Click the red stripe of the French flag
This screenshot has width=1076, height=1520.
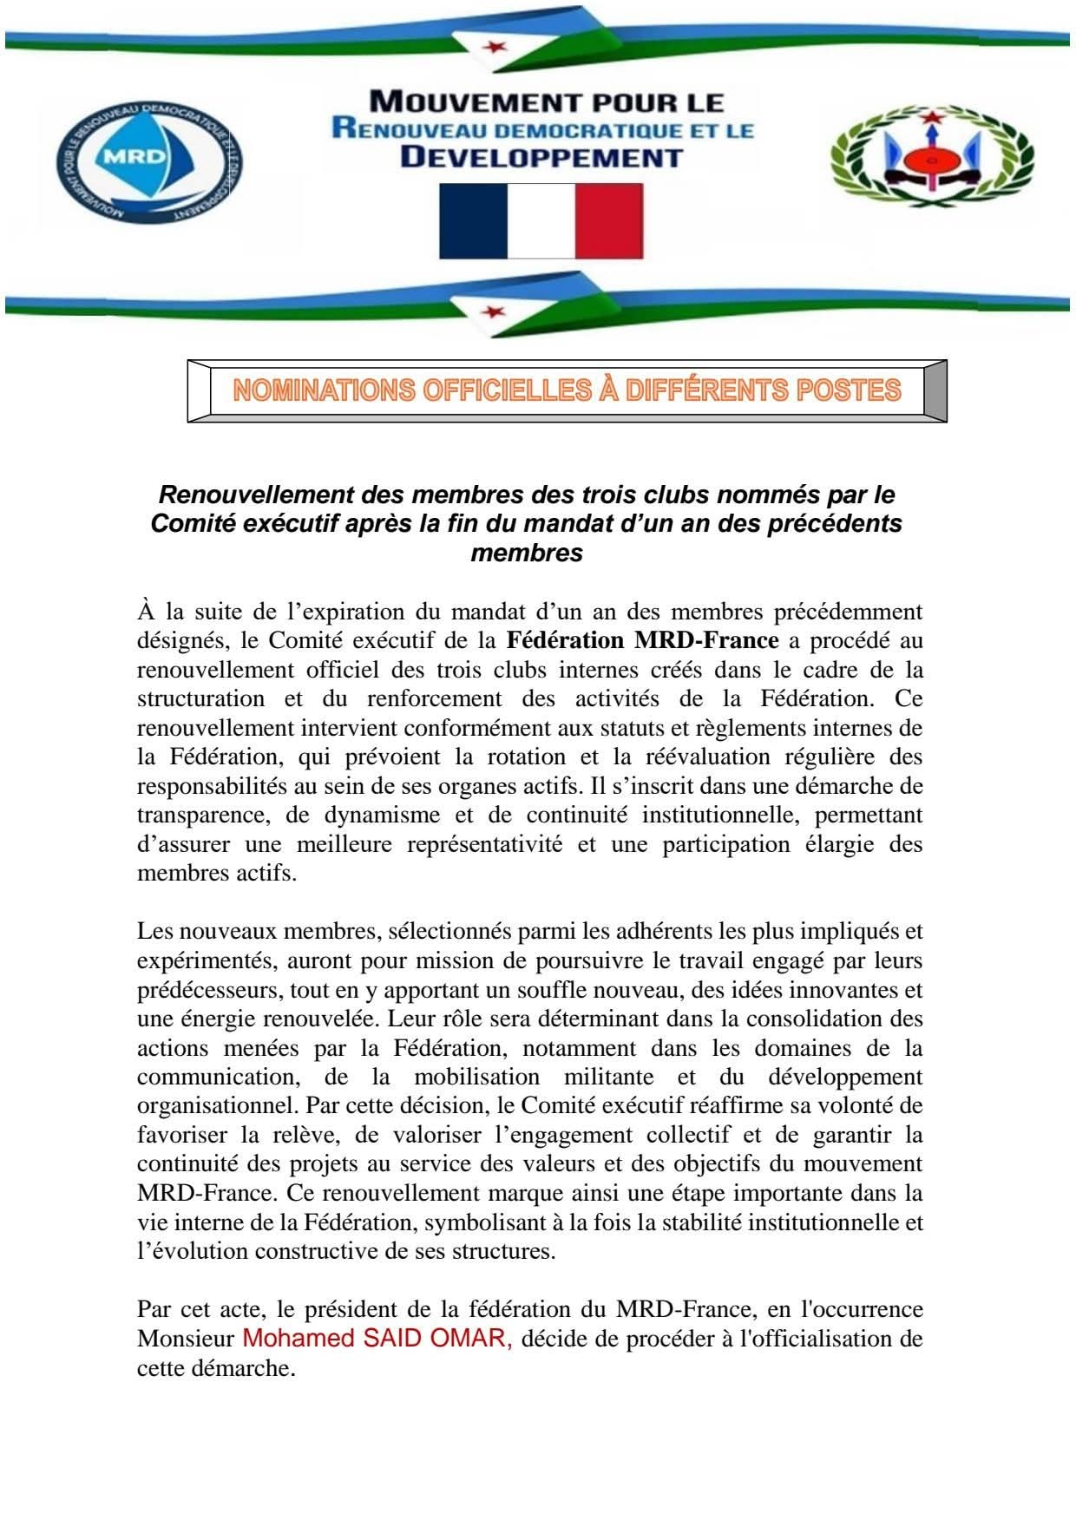tap(609, 220)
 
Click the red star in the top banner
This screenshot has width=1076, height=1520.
tap(496, 46)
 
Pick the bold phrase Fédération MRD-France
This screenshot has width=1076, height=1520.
tap(642, 641)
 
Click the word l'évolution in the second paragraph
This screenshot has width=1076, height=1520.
tap(188, 1252)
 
